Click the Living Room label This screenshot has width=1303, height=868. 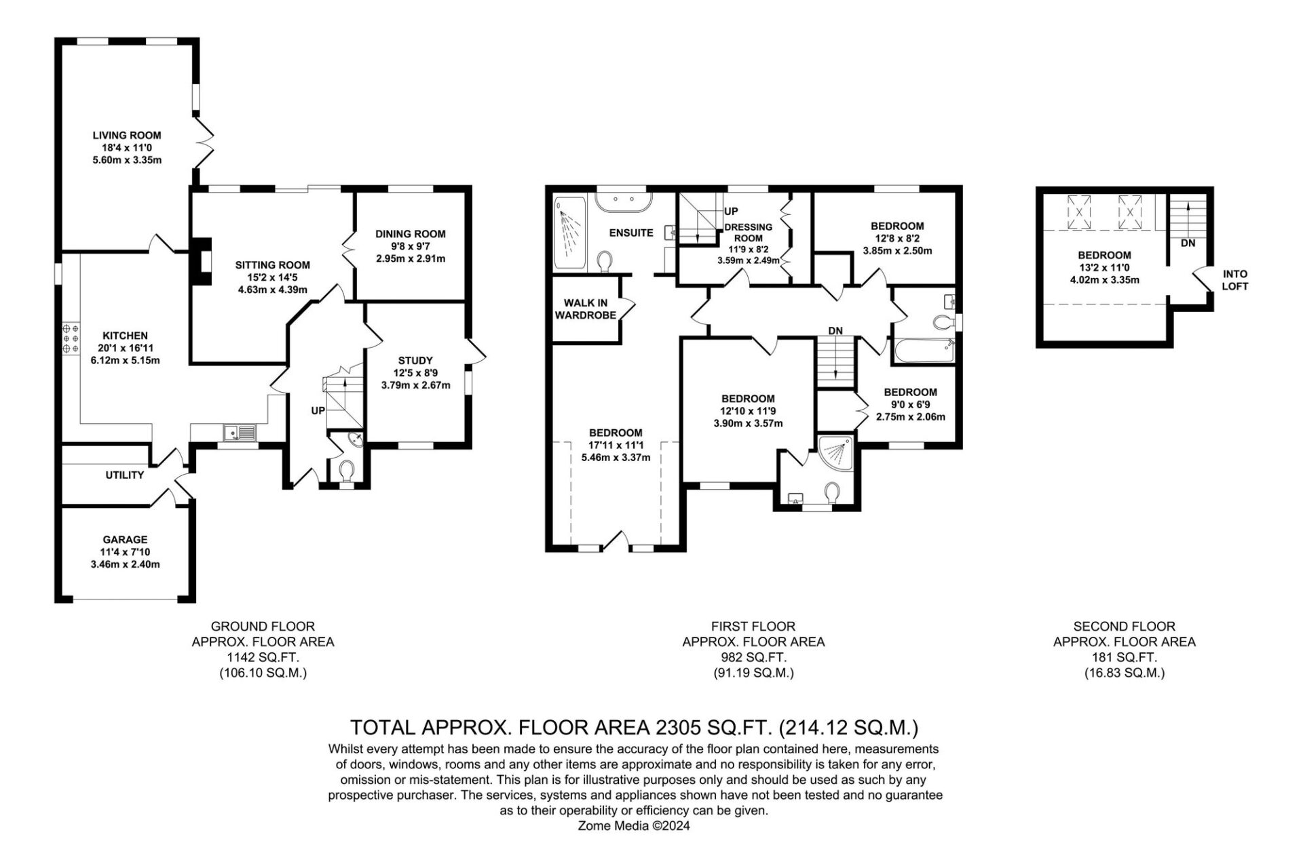click(x=127, y=136)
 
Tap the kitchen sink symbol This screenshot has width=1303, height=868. click(x=240, y=432)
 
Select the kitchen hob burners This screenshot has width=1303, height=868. click(x=70, y=337)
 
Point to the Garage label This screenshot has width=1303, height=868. click(x=125, y=540)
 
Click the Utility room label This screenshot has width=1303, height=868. click(x=125, y=475)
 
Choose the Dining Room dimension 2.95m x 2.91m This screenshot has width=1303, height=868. click(x=411, y=259)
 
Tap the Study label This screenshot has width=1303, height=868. click(x=415, y=361)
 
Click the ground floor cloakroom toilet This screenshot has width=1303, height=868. click(x=347, y=470)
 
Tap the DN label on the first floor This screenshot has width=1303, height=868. click(x=835, y=331)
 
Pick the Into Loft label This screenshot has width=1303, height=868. click(x=1235, y=280)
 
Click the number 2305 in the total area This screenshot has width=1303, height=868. click(x=677, y=728)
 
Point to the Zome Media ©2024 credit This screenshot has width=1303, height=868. click(x=634, y=826)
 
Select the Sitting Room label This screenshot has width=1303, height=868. click(x=273, y=265)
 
